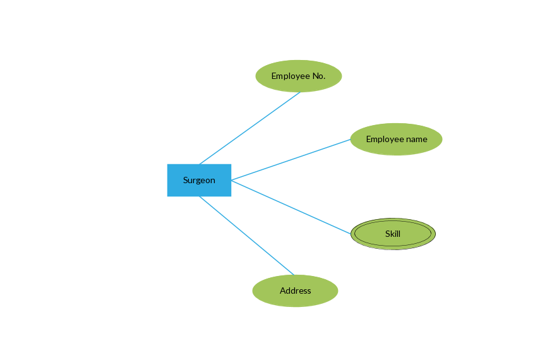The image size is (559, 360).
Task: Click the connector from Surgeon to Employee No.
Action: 249,128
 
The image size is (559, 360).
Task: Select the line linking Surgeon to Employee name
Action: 291,160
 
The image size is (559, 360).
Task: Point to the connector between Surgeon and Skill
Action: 291,207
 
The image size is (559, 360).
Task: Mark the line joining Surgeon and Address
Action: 246,236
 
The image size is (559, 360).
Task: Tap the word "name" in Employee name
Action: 414,139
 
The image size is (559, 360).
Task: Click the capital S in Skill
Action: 388,234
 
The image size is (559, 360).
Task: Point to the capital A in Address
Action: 283,291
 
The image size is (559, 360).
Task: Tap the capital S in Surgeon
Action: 186,180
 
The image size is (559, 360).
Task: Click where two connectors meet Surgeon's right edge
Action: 231,180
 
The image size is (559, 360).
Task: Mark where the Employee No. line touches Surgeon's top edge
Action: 200,164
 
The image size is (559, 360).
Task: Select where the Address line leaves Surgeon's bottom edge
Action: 200,196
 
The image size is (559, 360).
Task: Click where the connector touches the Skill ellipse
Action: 351,234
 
